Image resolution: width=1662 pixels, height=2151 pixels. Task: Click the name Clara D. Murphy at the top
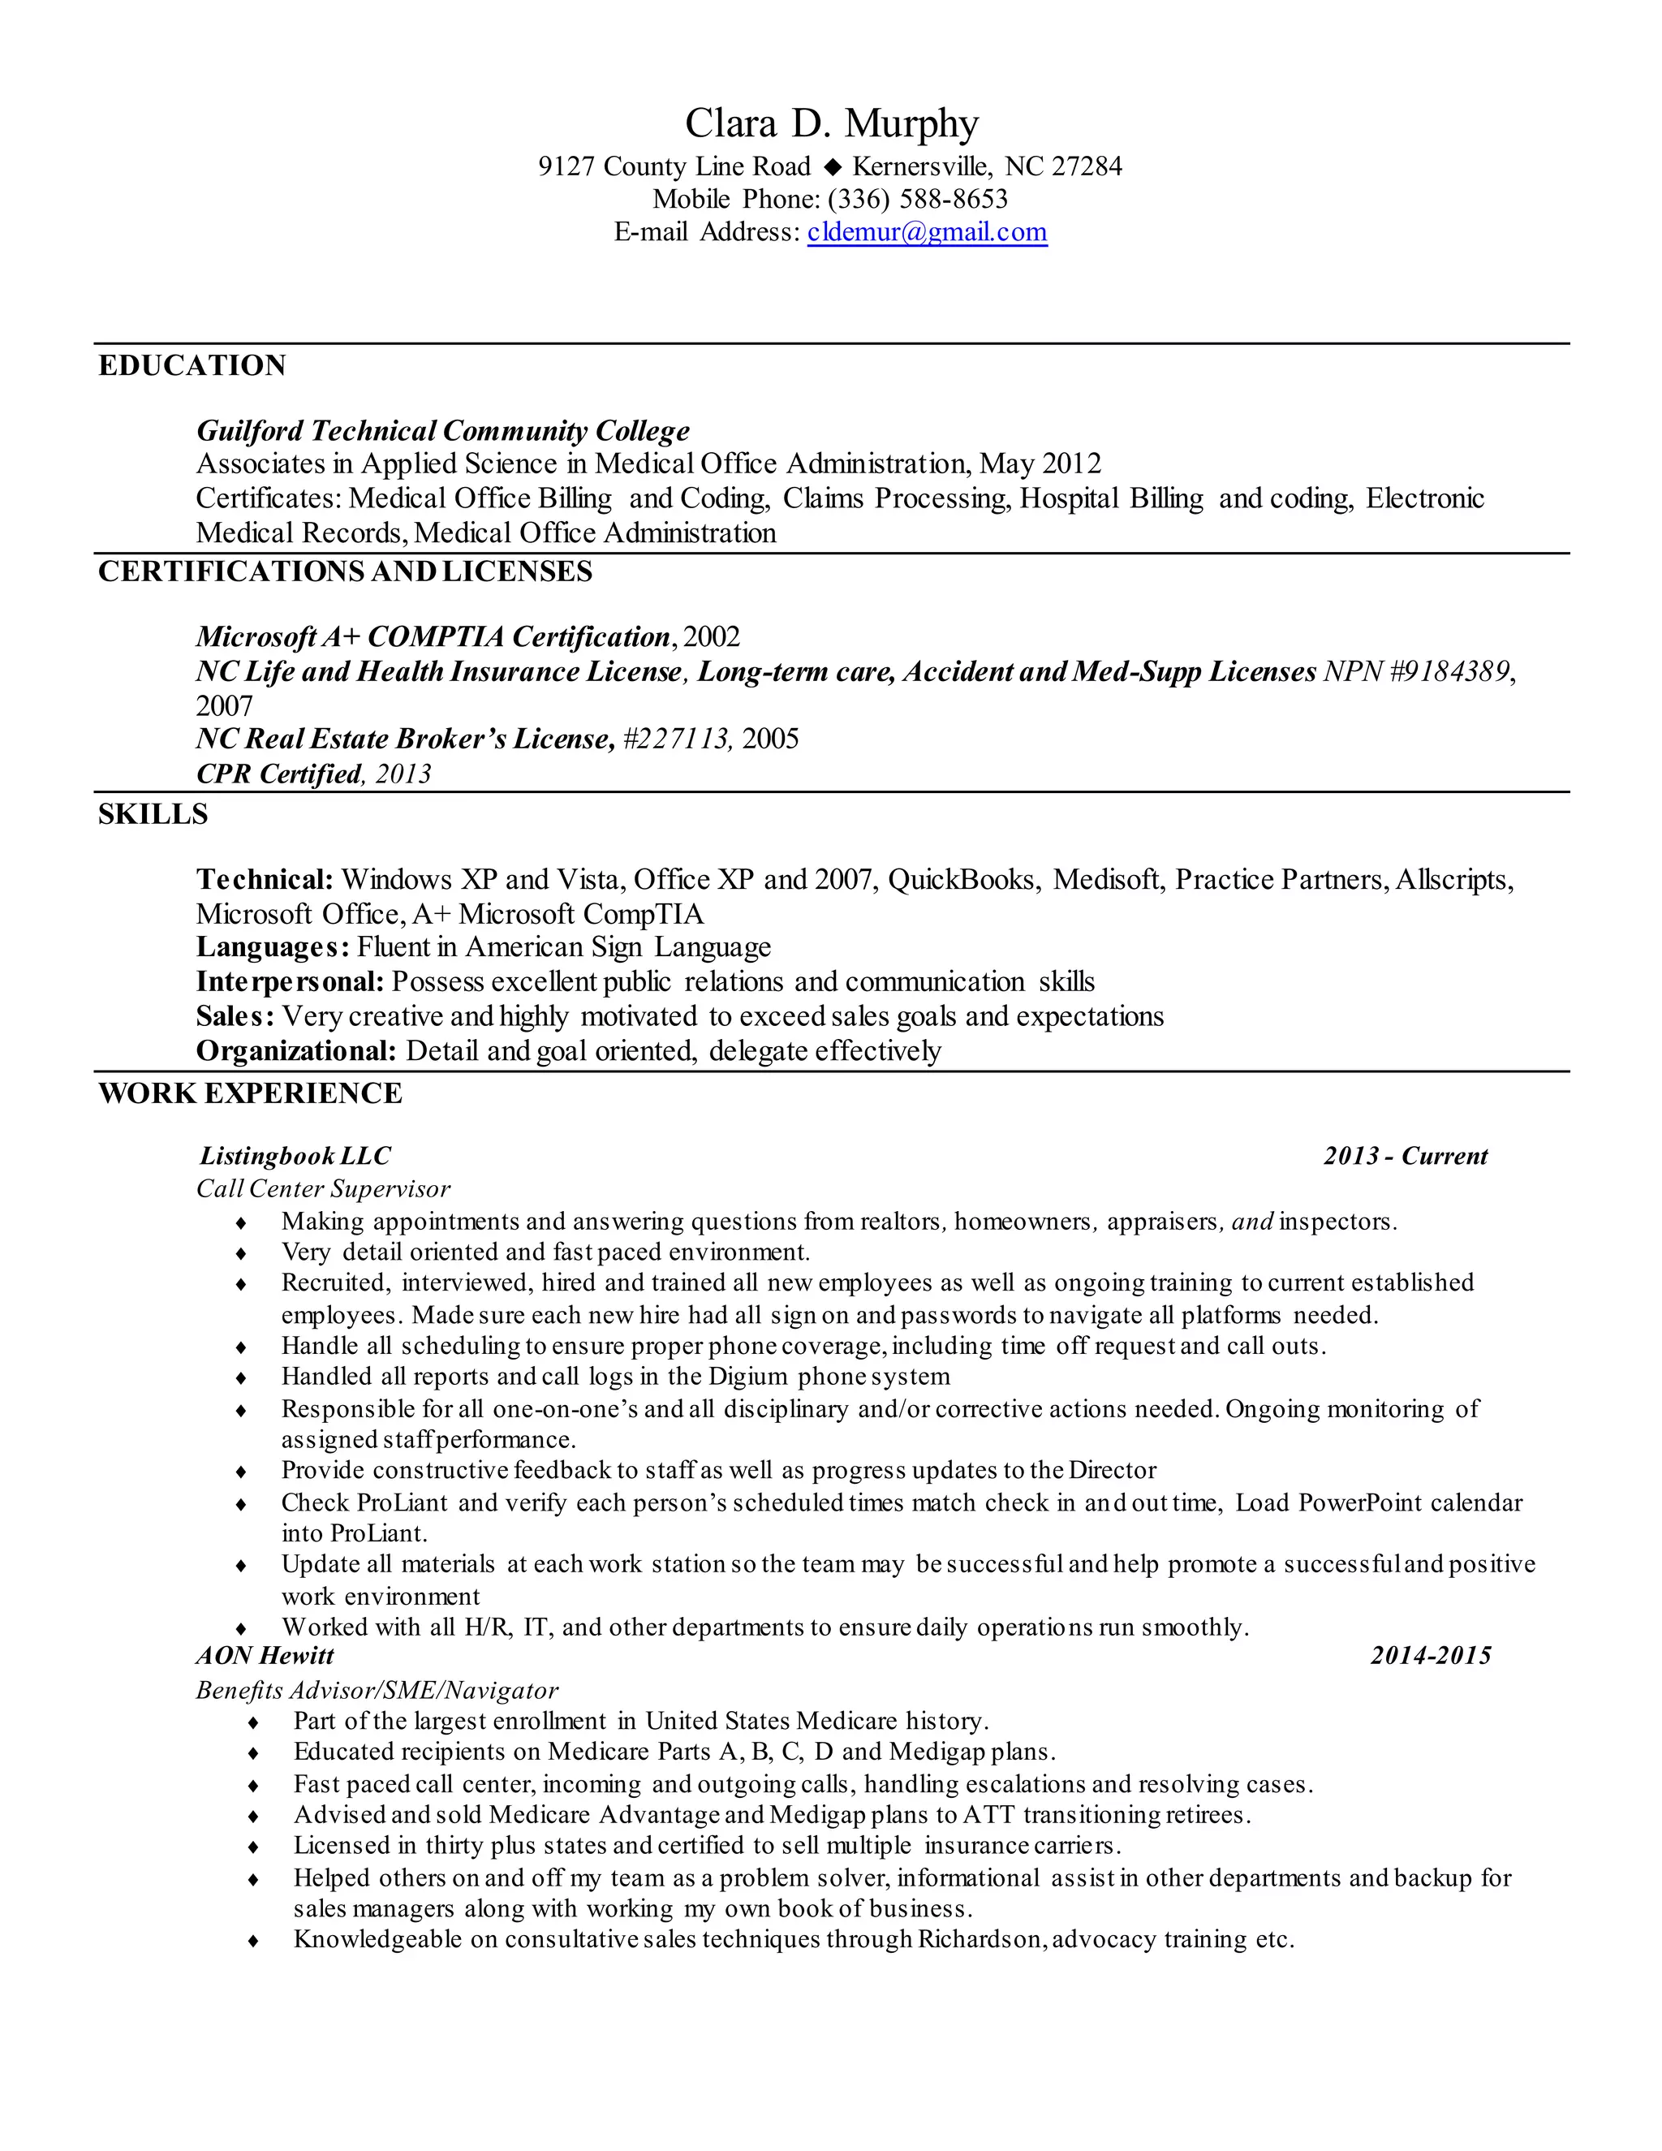click(831, 124)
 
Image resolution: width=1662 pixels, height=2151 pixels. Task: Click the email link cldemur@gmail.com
click(927, 232)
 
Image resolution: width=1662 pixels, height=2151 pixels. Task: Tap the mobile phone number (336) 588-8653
click(918, 199)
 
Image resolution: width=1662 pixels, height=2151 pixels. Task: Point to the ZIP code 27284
click(1086, 166)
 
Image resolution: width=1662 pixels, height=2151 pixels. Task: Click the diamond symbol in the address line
click(833, 166)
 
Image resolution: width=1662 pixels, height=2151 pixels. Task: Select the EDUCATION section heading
click(192, 366)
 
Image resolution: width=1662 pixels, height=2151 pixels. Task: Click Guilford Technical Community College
click(443, 431)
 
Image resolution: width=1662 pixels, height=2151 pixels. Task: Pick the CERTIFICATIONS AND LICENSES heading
click(345, 572)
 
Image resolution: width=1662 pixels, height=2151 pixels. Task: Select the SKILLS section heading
click(153, 814)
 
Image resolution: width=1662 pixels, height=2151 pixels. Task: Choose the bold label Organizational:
click(295, 1052)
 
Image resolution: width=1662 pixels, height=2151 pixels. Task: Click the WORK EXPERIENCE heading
click(250, 1094)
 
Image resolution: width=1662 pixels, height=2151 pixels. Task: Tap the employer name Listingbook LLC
click(295, 1156)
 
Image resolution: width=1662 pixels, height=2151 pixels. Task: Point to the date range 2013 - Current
click(1405, 1156)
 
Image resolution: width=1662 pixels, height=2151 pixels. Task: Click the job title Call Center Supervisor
click(323, 1190)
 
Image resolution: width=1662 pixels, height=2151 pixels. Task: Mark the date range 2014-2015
click(1430, 1656)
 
